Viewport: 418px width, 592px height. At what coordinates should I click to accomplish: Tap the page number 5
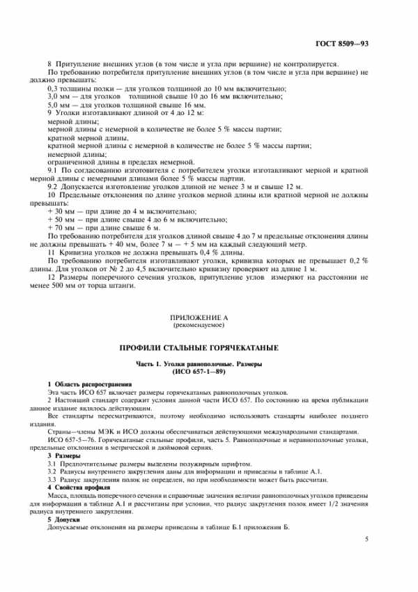pos(367,539)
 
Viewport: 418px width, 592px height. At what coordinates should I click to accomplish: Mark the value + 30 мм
pos(61,212)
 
